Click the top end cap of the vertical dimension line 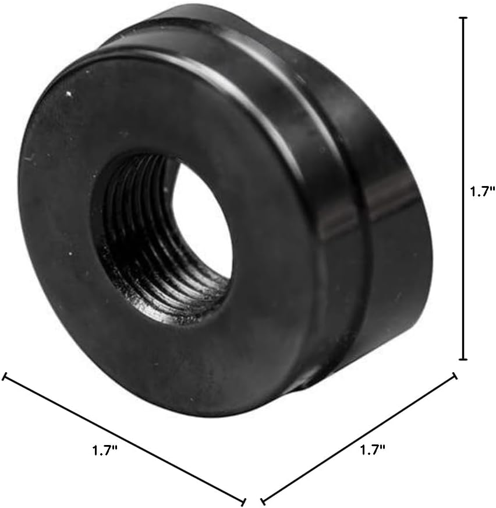click(463, 18)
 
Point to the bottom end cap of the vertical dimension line click(463, 359)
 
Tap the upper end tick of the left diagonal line click(5, 377)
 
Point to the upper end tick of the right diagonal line click(454, 377)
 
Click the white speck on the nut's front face click(69, 93)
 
